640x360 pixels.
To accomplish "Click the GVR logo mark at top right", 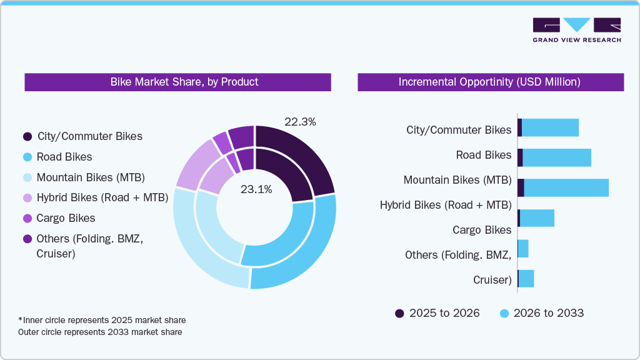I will click(577, 25).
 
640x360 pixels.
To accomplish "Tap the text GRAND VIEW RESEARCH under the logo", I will click(577, 40).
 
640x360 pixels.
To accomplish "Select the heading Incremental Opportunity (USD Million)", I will click(490, 82).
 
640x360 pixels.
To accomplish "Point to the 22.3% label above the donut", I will click(300, 122).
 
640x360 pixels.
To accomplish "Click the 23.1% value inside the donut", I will click(256, 189).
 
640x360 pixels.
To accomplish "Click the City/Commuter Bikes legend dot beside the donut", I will click(27, 136).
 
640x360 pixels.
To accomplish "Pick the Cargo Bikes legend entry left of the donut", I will click(66, 218).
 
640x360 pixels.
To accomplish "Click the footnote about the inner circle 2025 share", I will click(102, 320).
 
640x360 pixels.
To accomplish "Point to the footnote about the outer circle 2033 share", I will click(100, 332).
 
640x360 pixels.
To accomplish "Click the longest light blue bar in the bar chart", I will click(566, 187).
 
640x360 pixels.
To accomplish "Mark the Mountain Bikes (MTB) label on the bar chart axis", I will click(457, 180).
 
